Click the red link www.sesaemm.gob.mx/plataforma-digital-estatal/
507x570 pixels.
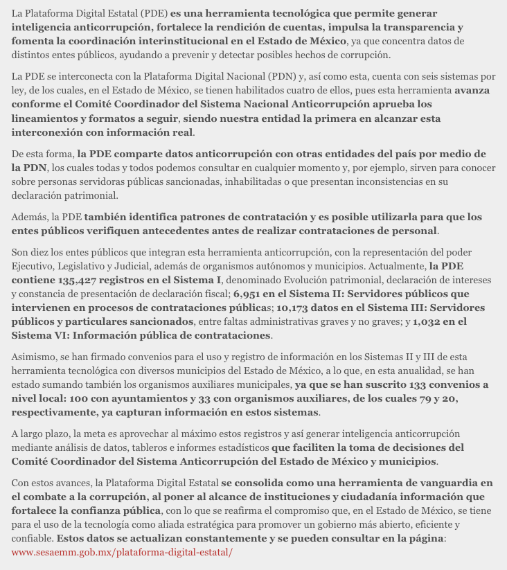pyautogui.click(x=122, y=552)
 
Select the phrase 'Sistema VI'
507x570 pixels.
pyautogui.click(x=38, y=335)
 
